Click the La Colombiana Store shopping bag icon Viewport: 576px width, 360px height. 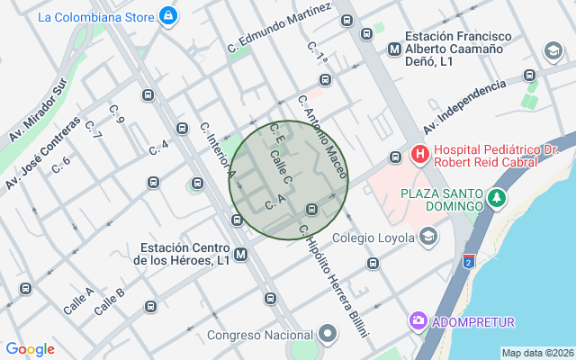167,16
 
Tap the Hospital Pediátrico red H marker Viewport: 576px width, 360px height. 419,155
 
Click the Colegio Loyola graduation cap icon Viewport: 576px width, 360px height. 428,238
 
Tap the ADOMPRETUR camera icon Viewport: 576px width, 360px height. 418,321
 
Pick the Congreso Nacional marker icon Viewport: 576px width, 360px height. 328,336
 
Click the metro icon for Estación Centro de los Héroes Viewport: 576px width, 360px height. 240,255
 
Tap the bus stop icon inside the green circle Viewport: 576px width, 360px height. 311,210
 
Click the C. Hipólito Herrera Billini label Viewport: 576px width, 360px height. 334,280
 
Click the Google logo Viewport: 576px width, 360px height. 30,349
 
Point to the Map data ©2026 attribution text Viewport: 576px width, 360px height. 537,353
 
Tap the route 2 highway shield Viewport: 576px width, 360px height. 468,262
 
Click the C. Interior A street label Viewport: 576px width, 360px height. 218,150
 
